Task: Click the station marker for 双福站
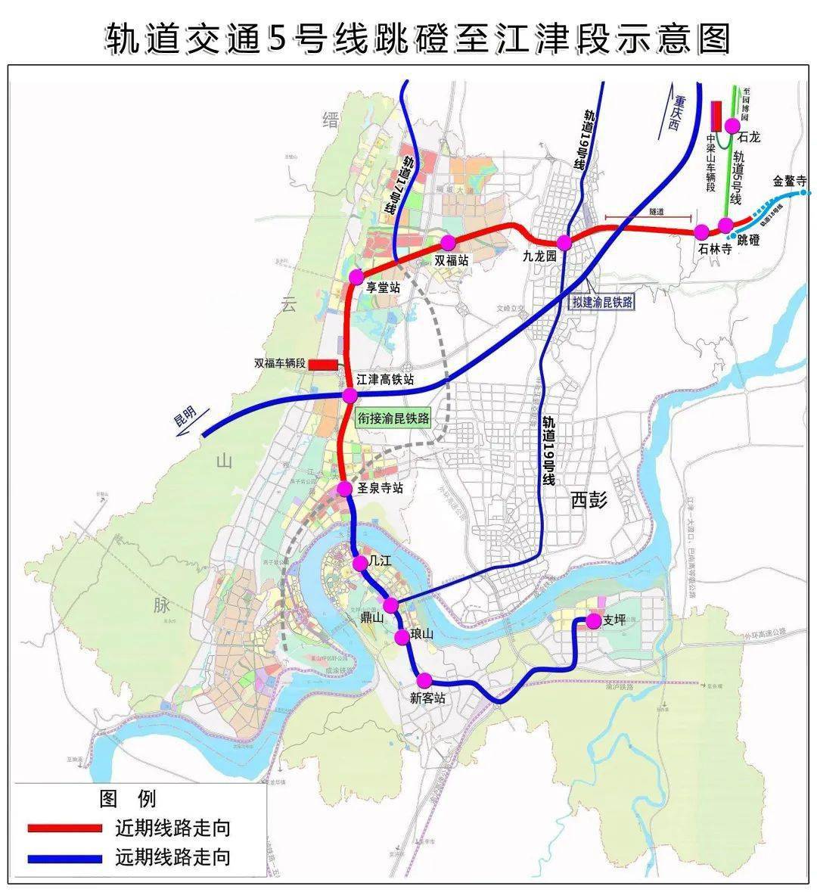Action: pyautogui.click(x=448, y=242)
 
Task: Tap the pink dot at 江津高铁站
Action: pyautogui.click(x=349, y=396)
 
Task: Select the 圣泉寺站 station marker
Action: pyautogui.click(x=345, y=489)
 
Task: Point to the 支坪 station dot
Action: pyautogui.click(x=592, y=620)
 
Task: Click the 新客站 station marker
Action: pyautogui.click(x=424, y=679)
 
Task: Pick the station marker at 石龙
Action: pyautogui.click(x=732, y=126)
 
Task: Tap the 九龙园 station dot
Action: pyautogui.click(x=564, y=242)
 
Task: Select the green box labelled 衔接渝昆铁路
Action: pyautogui.click(x=393, y=418)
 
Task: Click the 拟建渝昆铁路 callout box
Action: pyautogui.click(x=602, y=302)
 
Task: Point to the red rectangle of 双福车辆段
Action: pyautogui.click(x=323, y=365)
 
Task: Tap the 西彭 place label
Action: pyautogui.click(x=589, y=500)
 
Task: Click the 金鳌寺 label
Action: pyautogui.click(x=790, y=182)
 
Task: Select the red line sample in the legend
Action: pyautogui.click(x=64, y=828)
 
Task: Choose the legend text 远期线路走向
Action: pyautogui.click(x=172, y=857)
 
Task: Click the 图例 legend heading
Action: pyautogui.click(x=126, y=798)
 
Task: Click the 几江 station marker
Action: pyautogui.click(x=360, y=563)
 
